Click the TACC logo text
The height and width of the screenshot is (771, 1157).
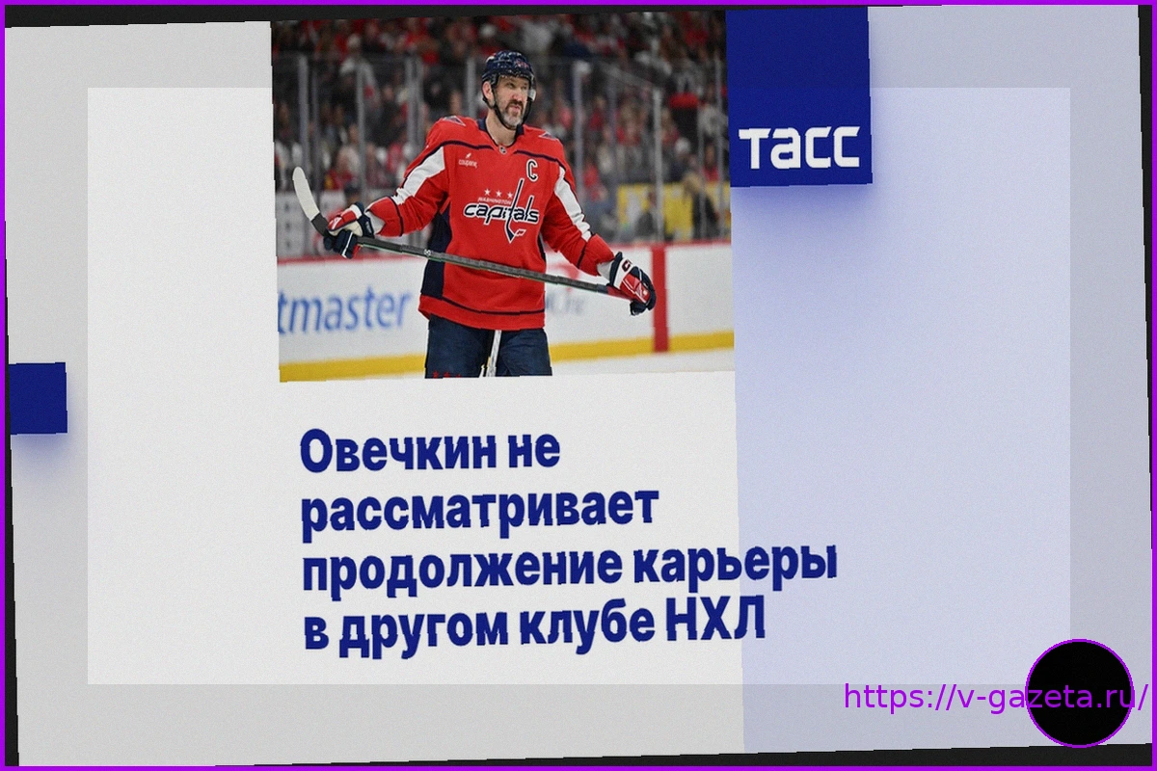click(799, 147)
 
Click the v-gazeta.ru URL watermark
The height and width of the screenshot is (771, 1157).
click(995, 696)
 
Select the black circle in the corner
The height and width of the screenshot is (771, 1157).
click(1079, 693)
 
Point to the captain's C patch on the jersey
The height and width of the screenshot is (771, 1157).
click(532, 168)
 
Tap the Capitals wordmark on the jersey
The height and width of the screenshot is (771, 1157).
click(501, 212)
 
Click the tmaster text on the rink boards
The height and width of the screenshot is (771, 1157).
click(344, 310)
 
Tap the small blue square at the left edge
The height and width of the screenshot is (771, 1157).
click(38, 398)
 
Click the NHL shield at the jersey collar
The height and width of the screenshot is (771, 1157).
click(502, 149)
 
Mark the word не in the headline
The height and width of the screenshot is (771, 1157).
click(542, 451)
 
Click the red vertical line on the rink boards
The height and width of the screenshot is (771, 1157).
click(658, 300)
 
